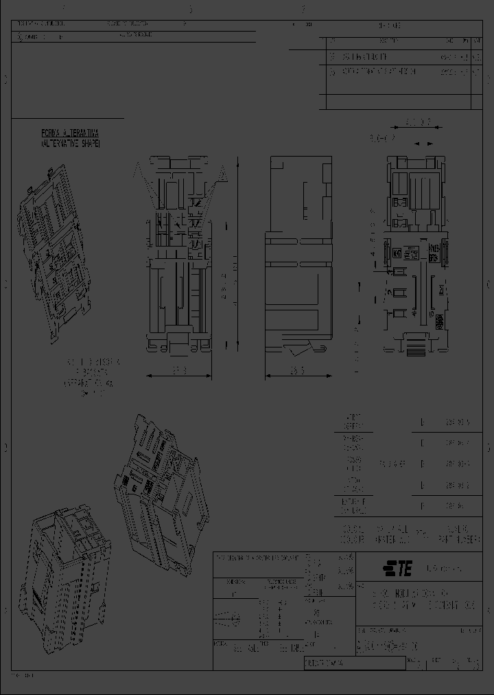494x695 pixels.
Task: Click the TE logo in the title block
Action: pyautogui.click(x=397, y=569)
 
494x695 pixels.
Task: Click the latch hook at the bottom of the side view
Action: pyautogui.click(x=296, y=351)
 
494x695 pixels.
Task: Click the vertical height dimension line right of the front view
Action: pyautogui.click(x=237, y=254)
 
